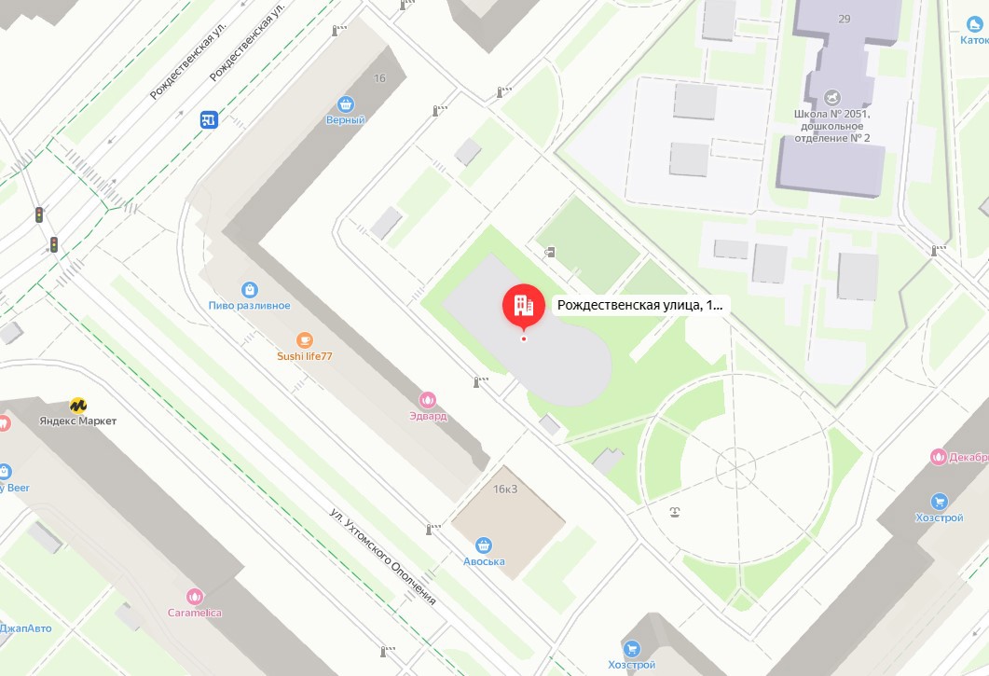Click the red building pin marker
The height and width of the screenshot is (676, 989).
point(523,305)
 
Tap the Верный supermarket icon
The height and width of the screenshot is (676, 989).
point(347,103)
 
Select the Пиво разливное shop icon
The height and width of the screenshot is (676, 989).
point(249,290)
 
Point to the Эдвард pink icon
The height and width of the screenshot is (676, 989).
point(428,400)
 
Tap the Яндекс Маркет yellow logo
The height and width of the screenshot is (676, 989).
point(78,406)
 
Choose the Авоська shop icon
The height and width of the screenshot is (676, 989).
point(484,545)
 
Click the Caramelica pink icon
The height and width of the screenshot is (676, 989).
point(195,597)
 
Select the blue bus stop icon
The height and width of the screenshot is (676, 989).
point(209,119)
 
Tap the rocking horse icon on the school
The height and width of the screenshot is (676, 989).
point(832,96)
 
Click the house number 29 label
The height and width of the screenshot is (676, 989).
point(845,19)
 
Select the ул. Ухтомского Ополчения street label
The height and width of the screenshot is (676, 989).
point(383,556)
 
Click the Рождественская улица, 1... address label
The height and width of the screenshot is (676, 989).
point(639,304)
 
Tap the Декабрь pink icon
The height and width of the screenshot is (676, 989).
point(938,457)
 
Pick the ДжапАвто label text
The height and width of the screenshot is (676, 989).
point(26,628)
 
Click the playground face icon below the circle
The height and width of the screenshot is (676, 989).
point(674,511)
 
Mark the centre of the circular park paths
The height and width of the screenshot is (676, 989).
point(735,463)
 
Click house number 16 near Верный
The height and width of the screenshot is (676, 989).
point(379,78)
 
